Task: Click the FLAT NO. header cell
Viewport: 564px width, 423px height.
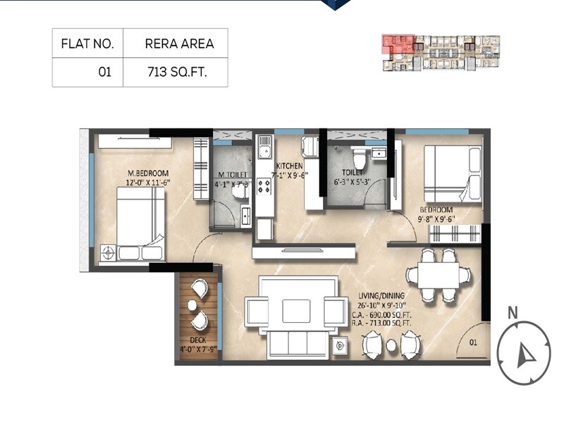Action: [88, 44]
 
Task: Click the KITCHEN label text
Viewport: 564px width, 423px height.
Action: [289, 166]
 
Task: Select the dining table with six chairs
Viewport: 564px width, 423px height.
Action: [438, 272]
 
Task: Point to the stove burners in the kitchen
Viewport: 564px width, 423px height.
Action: [264, 186]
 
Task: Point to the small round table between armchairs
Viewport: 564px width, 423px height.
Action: [391, 345]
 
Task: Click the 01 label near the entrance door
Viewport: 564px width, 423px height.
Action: [474, 342]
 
